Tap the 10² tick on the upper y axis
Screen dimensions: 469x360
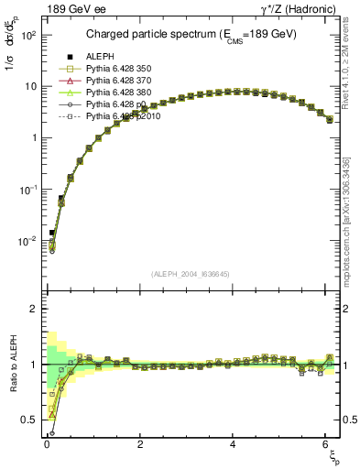point(27,34)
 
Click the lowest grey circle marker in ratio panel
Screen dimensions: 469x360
point(52,433)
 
